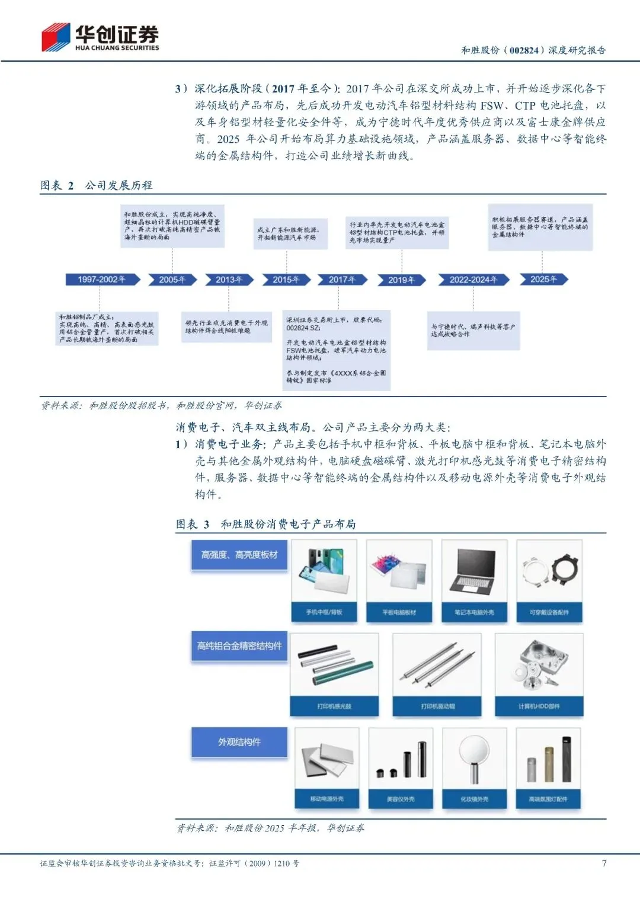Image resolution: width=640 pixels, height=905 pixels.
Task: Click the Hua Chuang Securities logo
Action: click(100, 37)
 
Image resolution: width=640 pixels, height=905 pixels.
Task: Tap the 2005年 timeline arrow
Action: click(172, 279)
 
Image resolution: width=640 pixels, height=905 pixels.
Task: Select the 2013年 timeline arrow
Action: click(229, 279)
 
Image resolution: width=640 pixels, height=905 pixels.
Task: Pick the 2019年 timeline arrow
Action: click(401, 280)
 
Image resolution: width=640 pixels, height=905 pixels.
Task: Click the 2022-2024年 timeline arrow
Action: click(473, 279)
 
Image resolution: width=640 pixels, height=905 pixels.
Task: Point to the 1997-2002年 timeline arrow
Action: click(102, 279)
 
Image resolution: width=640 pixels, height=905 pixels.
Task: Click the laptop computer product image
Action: click(474, 572)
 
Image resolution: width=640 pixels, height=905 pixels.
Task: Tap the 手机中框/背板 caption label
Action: click(324, 612)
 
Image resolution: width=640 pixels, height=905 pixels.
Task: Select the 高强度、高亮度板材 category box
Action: click(239, 555)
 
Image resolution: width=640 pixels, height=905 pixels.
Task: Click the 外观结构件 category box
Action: click(239, 742)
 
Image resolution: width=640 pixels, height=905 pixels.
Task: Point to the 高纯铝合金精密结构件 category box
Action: click(239, 646)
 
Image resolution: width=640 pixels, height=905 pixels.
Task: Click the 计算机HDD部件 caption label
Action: click(539, 706)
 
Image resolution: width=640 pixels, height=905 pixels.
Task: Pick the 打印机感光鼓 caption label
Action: click(334, 706)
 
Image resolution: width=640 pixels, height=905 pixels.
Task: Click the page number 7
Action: click(604, 863)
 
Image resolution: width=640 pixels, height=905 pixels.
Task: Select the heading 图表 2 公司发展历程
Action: click(97, 186)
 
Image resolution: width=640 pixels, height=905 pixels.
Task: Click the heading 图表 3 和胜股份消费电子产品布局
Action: click(265, 524)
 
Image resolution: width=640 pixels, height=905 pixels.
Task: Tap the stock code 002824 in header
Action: click(524, 50)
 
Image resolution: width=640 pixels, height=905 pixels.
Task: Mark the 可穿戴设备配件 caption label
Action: click(549, 612)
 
